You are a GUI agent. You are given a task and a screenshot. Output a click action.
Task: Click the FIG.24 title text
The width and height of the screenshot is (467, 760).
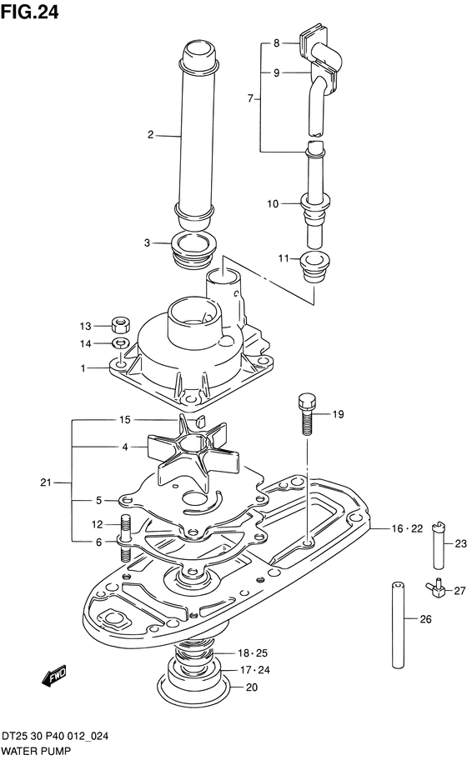click(29, 12)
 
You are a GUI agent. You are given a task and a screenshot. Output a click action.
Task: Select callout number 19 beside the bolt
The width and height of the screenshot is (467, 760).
click(338, 414)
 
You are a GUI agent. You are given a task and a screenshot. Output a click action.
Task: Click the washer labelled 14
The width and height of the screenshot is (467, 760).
click(120, 343)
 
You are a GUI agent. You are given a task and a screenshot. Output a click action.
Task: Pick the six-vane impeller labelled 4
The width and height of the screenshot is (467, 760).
click(191, 452)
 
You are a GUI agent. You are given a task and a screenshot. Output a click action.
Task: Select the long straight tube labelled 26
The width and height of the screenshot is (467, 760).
click(398, 625)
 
